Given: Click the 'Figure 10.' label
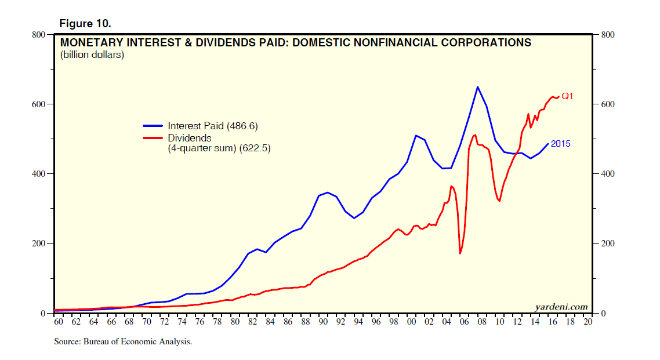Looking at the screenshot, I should click(x=85, y=24).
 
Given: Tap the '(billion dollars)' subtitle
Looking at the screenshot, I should click(x=92, y=56).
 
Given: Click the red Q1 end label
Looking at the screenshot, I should click(x=567, y=96).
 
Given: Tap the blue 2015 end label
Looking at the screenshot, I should click(x=560, y=143).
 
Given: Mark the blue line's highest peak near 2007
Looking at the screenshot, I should click(x=477, y=87).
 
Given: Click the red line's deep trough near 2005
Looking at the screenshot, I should click(x=460, y=253).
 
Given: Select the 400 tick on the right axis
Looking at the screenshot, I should click(x=608, y=174).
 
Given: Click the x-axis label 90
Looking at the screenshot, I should click(x=323, y=322).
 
